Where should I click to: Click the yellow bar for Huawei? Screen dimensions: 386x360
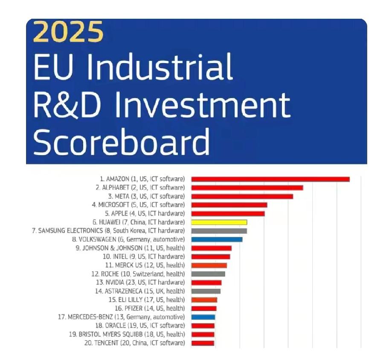(x=219, y=222)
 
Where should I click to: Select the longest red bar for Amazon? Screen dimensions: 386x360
(x=270, y=179)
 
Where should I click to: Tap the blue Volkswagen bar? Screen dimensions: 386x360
(x=217, y=239)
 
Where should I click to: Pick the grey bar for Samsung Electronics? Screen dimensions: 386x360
(x=219, y=231)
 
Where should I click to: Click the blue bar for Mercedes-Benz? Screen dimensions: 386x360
(x=203, y=317)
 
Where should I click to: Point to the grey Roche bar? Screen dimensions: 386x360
(x=208, y=274)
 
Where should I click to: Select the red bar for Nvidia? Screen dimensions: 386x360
(x=206, y=282)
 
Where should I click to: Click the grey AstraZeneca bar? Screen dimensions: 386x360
(x=206, y=291)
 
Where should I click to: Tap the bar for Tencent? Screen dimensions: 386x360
(x=203, y=343)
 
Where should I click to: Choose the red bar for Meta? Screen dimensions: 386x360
(x=242, y=196)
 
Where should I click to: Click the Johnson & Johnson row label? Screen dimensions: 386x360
(x=130, y=248)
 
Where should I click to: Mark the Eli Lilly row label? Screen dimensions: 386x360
(x=146, y=300)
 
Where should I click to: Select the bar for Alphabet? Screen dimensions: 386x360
(x=247, y=187)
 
